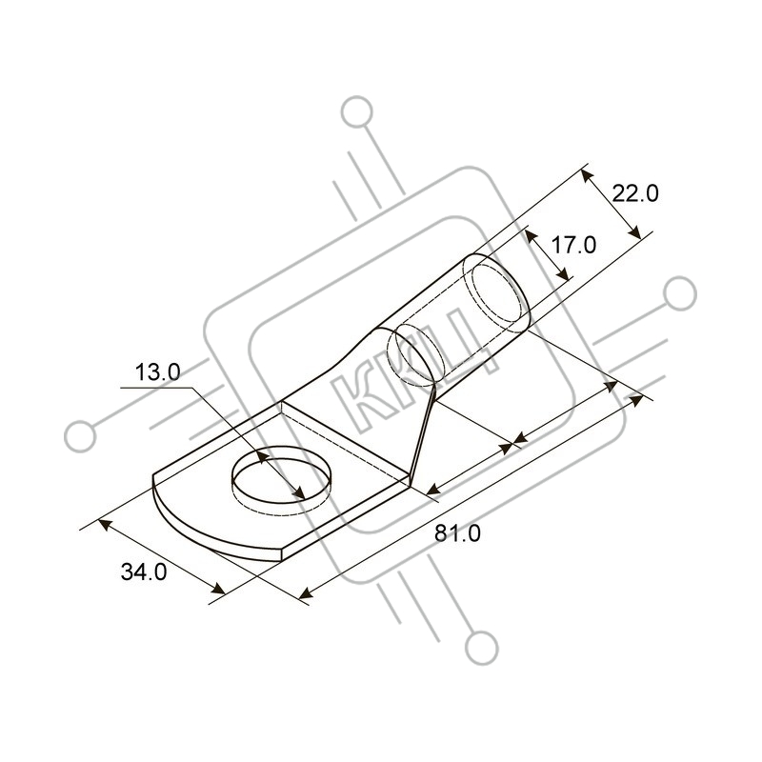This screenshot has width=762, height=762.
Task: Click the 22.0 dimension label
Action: (x=635, y=193)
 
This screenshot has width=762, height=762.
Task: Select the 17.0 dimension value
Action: (x=573, y=245)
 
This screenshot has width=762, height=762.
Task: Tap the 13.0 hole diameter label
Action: (x=157, y=372)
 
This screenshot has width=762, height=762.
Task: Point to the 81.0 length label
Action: (x=457, y=533)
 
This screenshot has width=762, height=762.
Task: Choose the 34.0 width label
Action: (x=144, y=572)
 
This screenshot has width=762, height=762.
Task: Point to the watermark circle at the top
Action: (x=357, y=111)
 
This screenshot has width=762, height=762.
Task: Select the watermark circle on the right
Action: (x=679, y=293)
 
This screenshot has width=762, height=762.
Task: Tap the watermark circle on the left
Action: (x=80, y=435)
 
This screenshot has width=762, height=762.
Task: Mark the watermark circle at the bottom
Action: (x=482, y=648)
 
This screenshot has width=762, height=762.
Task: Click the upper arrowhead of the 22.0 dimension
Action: (x=587, y=175)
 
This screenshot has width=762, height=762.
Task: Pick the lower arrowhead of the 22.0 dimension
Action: (x=634, y=231)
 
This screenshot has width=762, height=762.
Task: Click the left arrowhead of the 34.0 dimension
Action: (x=105, y=525)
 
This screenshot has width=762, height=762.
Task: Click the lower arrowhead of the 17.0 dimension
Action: (x=563, y=274)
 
